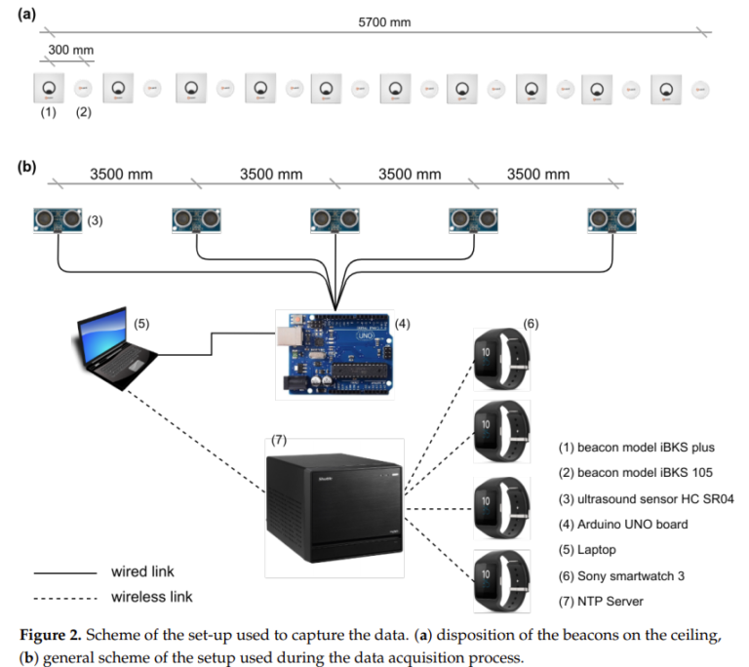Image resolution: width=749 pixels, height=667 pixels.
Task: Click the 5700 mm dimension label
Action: pos(379,21)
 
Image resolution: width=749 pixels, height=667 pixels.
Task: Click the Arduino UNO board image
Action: pos(333,351)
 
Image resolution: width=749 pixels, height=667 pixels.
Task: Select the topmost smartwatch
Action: pos(500,352)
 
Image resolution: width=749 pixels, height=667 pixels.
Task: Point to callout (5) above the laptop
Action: pos(142,323)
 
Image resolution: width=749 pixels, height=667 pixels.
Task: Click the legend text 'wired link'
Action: pos(142,571)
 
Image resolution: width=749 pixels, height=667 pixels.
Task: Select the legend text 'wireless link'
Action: pos(151,596)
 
